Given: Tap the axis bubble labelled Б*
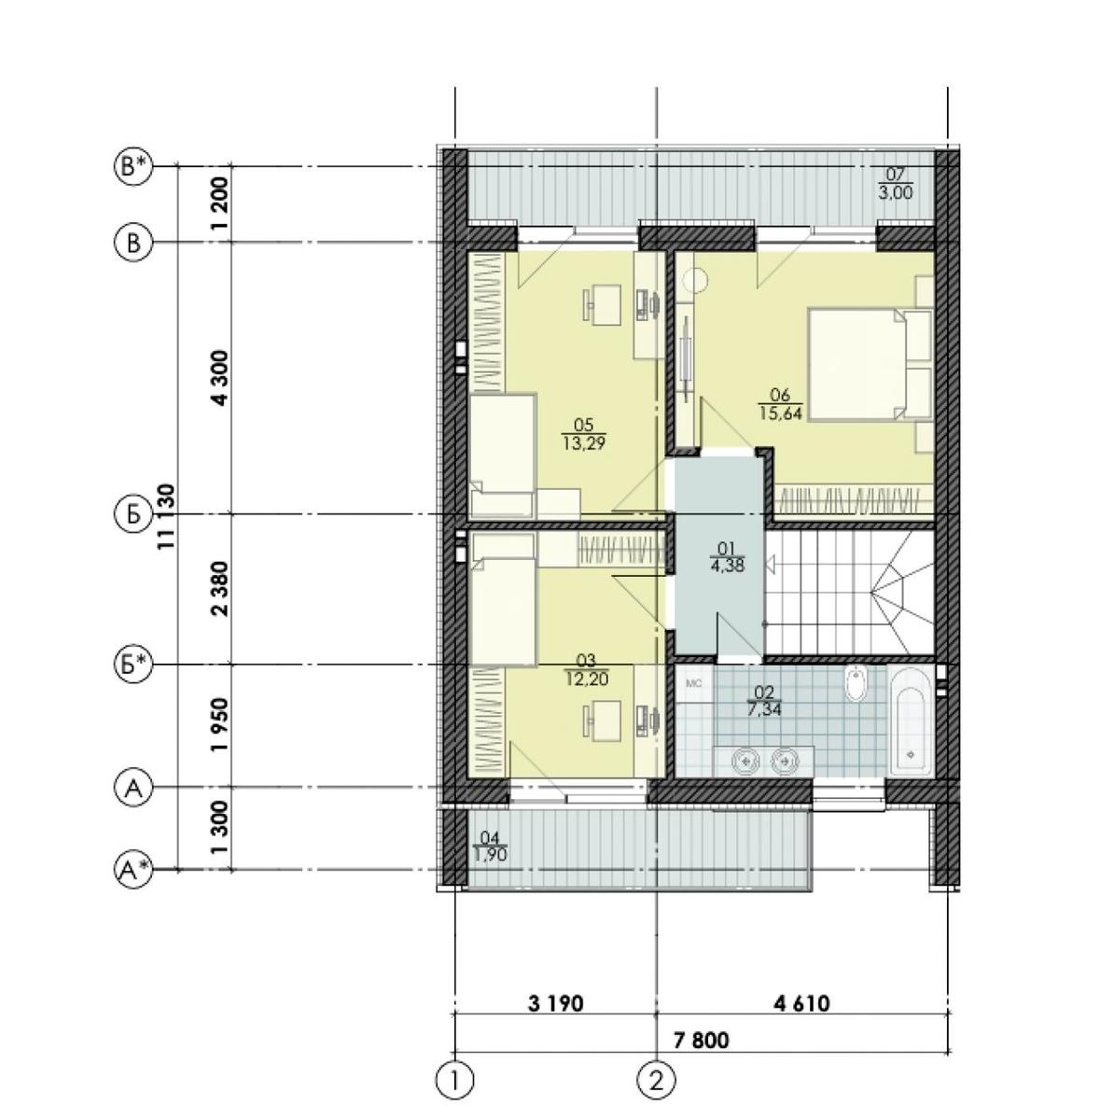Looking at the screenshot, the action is coord(133,665).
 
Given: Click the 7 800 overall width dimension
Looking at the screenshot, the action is coord(702,1040).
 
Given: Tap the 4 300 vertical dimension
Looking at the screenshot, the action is coord(220,377).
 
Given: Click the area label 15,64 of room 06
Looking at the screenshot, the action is coord(780,413).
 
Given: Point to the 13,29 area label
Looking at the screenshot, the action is coord(584,443).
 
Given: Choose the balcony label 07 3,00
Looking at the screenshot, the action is coord(896,184).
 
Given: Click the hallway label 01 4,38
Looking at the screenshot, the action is coord(727,557).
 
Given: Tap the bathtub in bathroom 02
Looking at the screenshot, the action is coord(910,722).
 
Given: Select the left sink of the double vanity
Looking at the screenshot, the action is coord(745,760).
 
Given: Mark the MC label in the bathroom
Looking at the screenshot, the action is coord(694,684).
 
